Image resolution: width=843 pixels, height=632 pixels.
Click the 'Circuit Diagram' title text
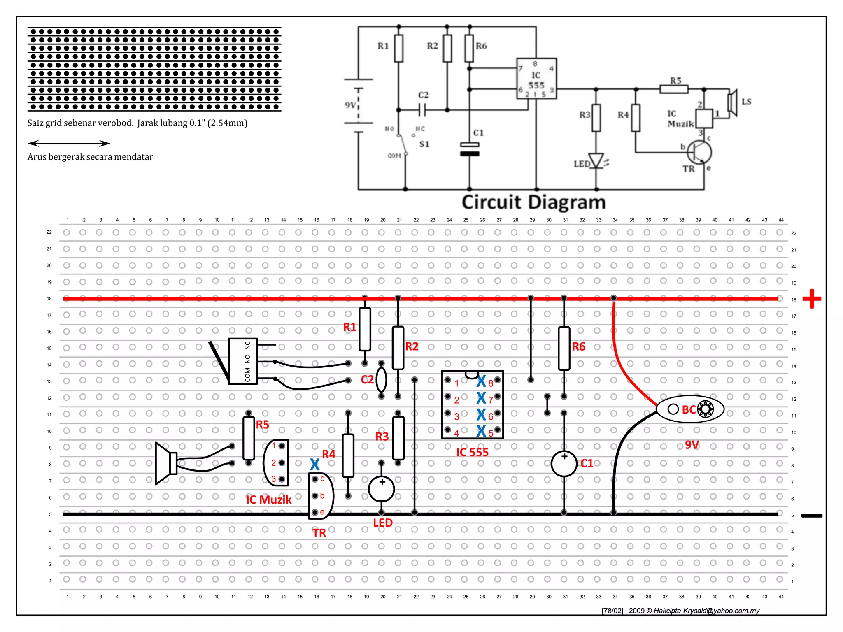[x=533, y=202]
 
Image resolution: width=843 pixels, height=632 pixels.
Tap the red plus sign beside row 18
[x=812, y=299]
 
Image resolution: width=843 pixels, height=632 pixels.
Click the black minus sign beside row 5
[x=812, y=515]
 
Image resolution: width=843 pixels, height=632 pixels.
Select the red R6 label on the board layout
[x=578, y=346]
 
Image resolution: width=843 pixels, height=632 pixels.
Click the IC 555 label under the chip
[x=472, y=452]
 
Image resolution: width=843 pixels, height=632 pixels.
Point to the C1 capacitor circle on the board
[x=564, y=464]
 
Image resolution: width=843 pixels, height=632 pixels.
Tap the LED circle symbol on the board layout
[x=382, y=488]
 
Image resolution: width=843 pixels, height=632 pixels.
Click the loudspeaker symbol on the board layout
[x=166, y=463]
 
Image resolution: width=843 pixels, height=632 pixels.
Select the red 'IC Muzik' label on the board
[x=268, y=500]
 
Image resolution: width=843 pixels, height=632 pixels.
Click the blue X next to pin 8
[x=481, y=381]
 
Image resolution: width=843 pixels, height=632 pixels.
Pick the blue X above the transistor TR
[x=315, y=465]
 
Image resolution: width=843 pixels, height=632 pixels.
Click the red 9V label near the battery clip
[x=692, y=445]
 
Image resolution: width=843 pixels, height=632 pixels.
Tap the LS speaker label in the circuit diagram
[x=746, y=102]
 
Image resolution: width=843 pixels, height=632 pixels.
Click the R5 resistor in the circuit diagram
[x=674, y=89]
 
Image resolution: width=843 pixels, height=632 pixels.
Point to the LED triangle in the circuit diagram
[x=596, y=160]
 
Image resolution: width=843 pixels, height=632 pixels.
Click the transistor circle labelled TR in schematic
[x=699, y=152]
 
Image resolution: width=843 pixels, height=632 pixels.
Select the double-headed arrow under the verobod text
[x=69, y=143]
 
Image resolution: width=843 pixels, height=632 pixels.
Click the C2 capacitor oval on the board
[x=382, y=380]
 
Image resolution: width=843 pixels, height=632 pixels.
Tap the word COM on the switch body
[x=247, y=375]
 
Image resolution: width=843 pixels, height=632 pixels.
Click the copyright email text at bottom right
[x=706, y=611]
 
